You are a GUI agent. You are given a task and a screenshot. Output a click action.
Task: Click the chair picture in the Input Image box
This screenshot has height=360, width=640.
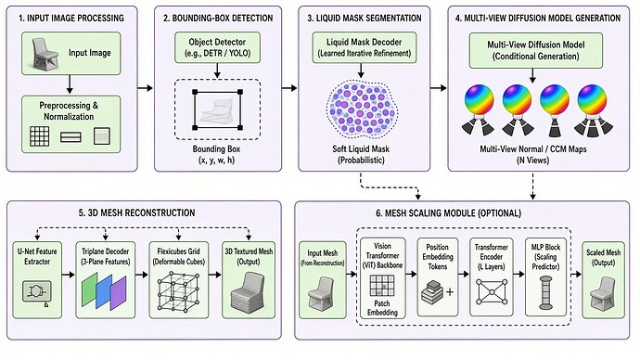(x=45, y=53)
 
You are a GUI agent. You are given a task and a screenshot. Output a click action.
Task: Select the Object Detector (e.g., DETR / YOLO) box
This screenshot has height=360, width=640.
(x=217, y=47)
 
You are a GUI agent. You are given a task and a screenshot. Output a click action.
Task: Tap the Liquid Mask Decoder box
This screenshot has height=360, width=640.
(x=365, y=47)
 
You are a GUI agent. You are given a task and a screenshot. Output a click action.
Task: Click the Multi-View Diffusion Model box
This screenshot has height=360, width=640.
(x=535, y=51)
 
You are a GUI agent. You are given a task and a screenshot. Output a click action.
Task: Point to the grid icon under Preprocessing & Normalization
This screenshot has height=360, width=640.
(x=40, y=135)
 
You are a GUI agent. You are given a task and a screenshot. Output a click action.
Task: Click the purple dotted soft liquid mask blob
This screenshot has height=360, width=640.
(x=362, y=109)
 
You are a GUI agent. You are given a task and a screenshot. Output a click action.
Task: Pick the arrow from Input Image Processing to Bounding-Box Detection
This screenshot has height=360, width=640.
(x=145, y=88)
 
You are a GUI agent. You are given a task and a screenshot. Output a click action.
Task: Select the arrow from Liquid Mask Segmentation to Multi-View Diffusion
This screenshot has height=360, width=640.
(x=439, y=88)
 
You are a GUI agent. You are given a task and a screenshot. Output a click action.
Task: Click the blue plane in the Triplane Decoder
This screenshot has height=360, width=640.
(x=104, y=291)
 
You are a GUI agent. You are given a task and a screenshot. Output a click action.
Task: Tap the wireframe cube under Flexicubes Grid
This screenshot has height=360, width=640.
(x=179, y=290)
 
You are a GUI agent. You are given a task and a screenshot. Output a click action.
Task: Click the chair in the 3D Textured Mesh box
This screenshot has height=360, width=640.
(x=249, y=291)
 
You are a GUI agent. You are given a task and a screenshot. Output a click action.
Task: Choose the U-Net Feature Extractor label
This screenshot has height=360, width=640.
(x=37, y=256)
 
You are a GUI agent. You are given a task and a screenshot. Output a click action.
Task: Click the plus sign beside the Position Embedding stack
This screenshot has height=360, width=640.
(x=450, y=292)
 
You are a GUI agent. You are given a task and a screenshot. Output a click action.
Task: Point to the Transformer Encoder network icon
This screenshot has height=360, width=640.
(x=492, y=292)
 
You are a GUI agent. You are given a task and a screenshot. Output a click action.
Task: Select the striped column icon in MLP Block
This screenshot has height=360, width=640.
(x=545, y=292)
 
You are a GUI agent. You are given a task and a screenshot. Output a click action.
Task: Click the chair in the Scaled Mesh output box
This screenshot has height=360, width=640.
(x=603, y=292)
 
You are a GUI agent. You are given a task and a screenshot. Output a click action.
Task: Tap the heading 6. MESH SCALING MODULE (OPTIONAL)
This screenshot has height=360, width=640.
(x=448, y=213)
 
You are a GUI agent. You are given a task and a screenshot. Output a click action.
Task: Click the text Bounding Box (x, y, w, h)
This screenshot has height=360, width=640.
(x=216, y=154)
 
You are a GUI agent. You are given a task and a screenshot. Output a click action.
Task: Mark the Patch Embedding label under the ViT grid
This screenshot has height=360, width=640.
(x=382, y=308)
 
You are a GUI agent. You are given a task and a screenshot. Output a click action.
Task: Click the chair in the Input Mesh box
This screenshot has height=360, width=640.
(x=321, y=292)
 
